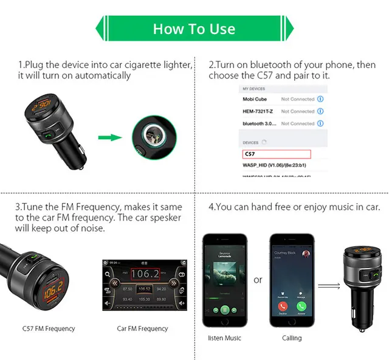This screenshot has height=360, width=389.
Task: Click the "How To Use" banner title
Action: [194, 29]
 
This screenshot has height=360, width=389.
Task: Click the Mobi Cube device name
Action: [256, 99]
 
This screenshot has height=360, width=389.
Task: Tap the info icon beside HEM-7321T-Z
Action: [320, 111]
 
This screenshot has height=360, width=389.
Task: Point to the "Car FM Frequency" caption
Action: [142, 328]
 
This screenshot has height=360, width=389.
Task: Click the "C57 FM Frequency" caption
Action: [49, 328]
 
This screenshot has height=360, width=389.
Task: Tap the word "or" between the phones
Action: [258, 280]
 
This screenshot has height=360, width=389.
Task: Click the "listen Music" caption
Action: [224, 337]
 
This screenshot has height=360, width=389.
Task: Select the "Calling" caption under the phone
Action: [292, 337]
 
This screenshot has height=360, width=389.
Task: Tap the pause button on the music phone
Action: [225, 309]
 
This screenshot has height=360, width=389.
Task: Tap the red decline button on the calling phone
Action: [282, 308]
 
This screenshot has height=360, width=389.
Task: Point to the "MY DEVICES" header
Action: [253, 89]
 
